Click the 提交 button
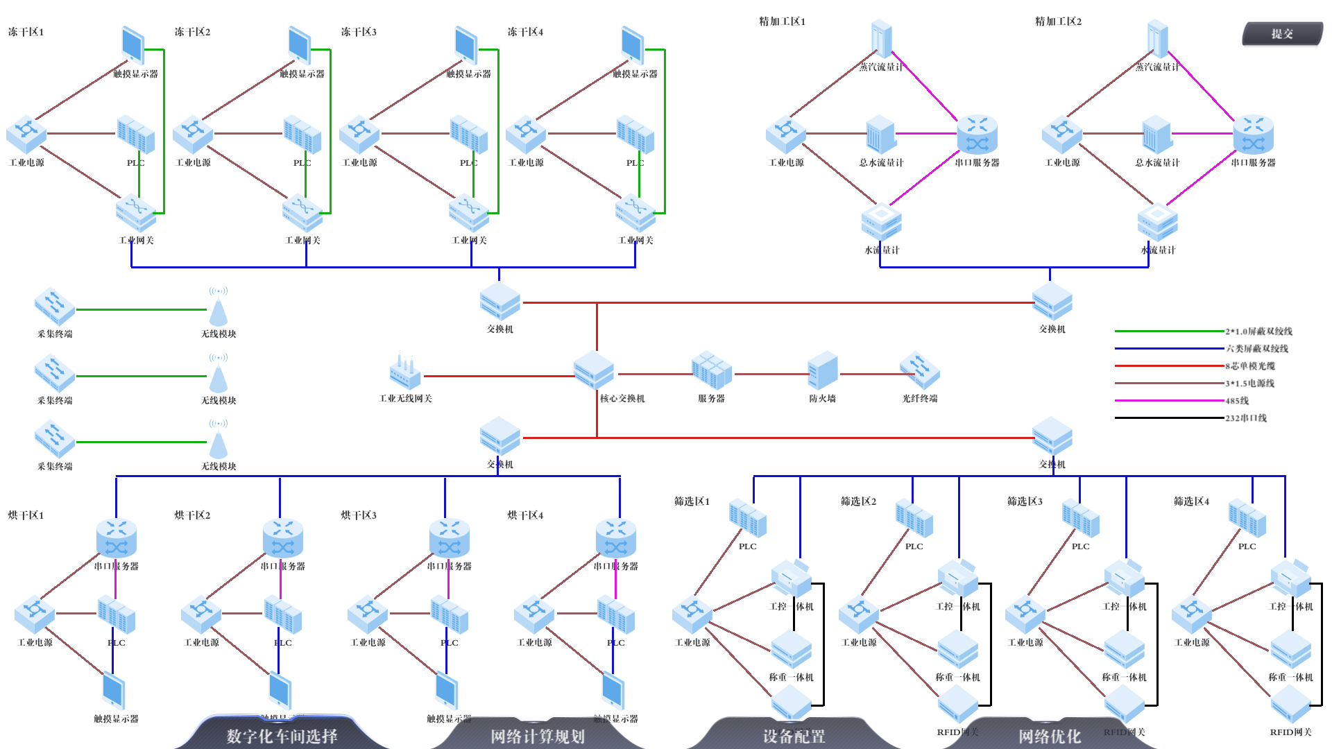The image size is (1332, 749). tap(1282, 33)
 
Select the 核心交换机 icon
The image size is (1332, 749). tap(594, 370)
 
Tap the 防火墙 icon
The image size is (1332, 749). tap(823, 370)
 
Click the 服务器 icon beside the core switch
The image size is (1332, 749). tap(711, 370)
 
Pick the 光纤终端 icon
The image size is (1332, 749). tap(920, 370)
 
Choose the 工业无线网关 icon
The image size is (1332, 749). tap(405, 372)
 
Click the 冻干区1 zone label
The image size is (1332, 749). tap(26, 32)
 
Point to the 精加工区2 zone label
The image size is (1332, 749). tap(1058, 21)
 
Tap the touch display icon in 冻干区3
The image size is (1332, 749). tap(466, 46)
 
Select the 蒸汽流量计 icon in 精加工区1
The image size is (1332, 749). tap(881, 39)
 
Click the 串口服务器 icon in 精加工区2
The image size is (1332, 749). tap(1254, 135)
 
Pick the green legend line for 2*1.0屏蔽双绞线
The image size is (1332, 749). tap(1169, 332)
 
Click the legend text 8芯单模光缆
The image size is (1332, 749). tap(1250, 366)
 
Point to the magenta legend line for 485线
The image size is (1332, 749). tap(1169, 401)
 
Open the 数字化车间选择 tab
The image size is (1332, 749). tap(282, 736)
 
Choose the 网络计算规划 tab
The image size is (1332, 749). tap(538, 736)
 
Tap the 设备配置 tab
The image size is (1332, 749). tap(794, 736)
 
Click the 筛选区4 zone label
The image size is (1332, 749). tap(1191, 501)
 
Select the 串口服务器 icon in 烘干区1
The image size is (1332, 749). tap(117, 538)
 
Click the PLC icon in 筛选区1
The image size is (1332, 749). tap(748, 519)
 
